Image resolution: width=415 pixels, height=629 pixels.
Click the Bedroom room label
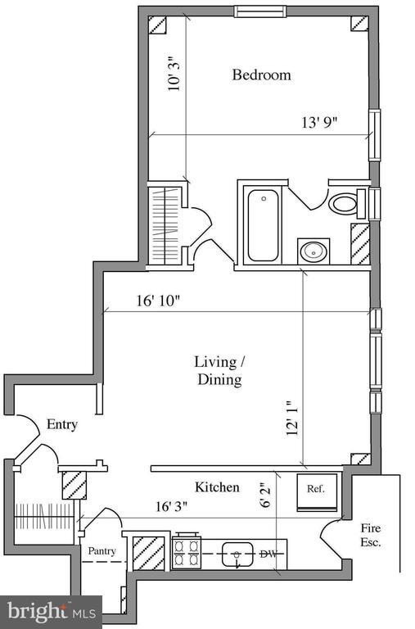[x=261, y=75]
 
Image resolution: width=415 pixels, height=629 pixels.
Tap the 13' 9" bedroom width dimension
[x=319, y=122]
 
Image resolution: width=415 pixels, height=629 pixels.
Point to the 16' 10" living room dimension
[x=156, y=301]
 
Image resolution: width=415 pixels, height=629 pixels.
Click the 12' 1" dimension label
[x=291, y=419]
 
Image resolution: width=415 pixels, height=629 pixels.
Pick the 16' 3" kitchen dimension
[x=171, y=507]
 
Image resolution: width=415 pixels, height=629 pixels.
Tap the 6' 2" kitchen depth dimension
[x=265, y=495]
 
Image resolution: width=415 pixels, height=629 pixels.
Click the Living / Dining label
[x=219, y=370]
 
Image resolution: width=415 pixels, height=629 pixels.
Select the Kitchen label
[x=217, y=487]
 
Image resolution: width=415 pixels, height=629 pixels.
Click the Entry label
[x=61, y=424]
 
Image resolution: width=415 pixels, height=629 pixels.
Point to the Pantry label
[x=101, y=550]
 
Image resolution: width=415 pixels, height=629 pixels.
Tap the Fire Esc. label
[x=371, y=535]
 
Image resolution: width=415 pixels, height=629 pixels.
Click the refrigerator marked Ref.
[x=316, y=492]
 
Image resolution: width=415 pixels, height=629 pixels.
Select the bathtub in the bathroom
[x=263, y=225]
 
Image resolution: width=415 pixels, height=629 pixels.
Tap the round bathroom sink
[x=314, y=251]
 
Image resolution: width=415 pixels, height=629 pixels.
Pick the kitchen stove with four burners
[x=187, y=550]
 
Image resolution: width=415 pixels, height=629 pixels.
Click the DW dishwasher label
[x=268, y=554]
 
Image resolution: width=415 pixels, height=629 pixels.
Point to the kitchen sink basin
[x=237, y=554]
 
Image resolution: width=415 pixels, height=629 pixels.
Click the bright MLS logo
[x=51, y=611]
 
